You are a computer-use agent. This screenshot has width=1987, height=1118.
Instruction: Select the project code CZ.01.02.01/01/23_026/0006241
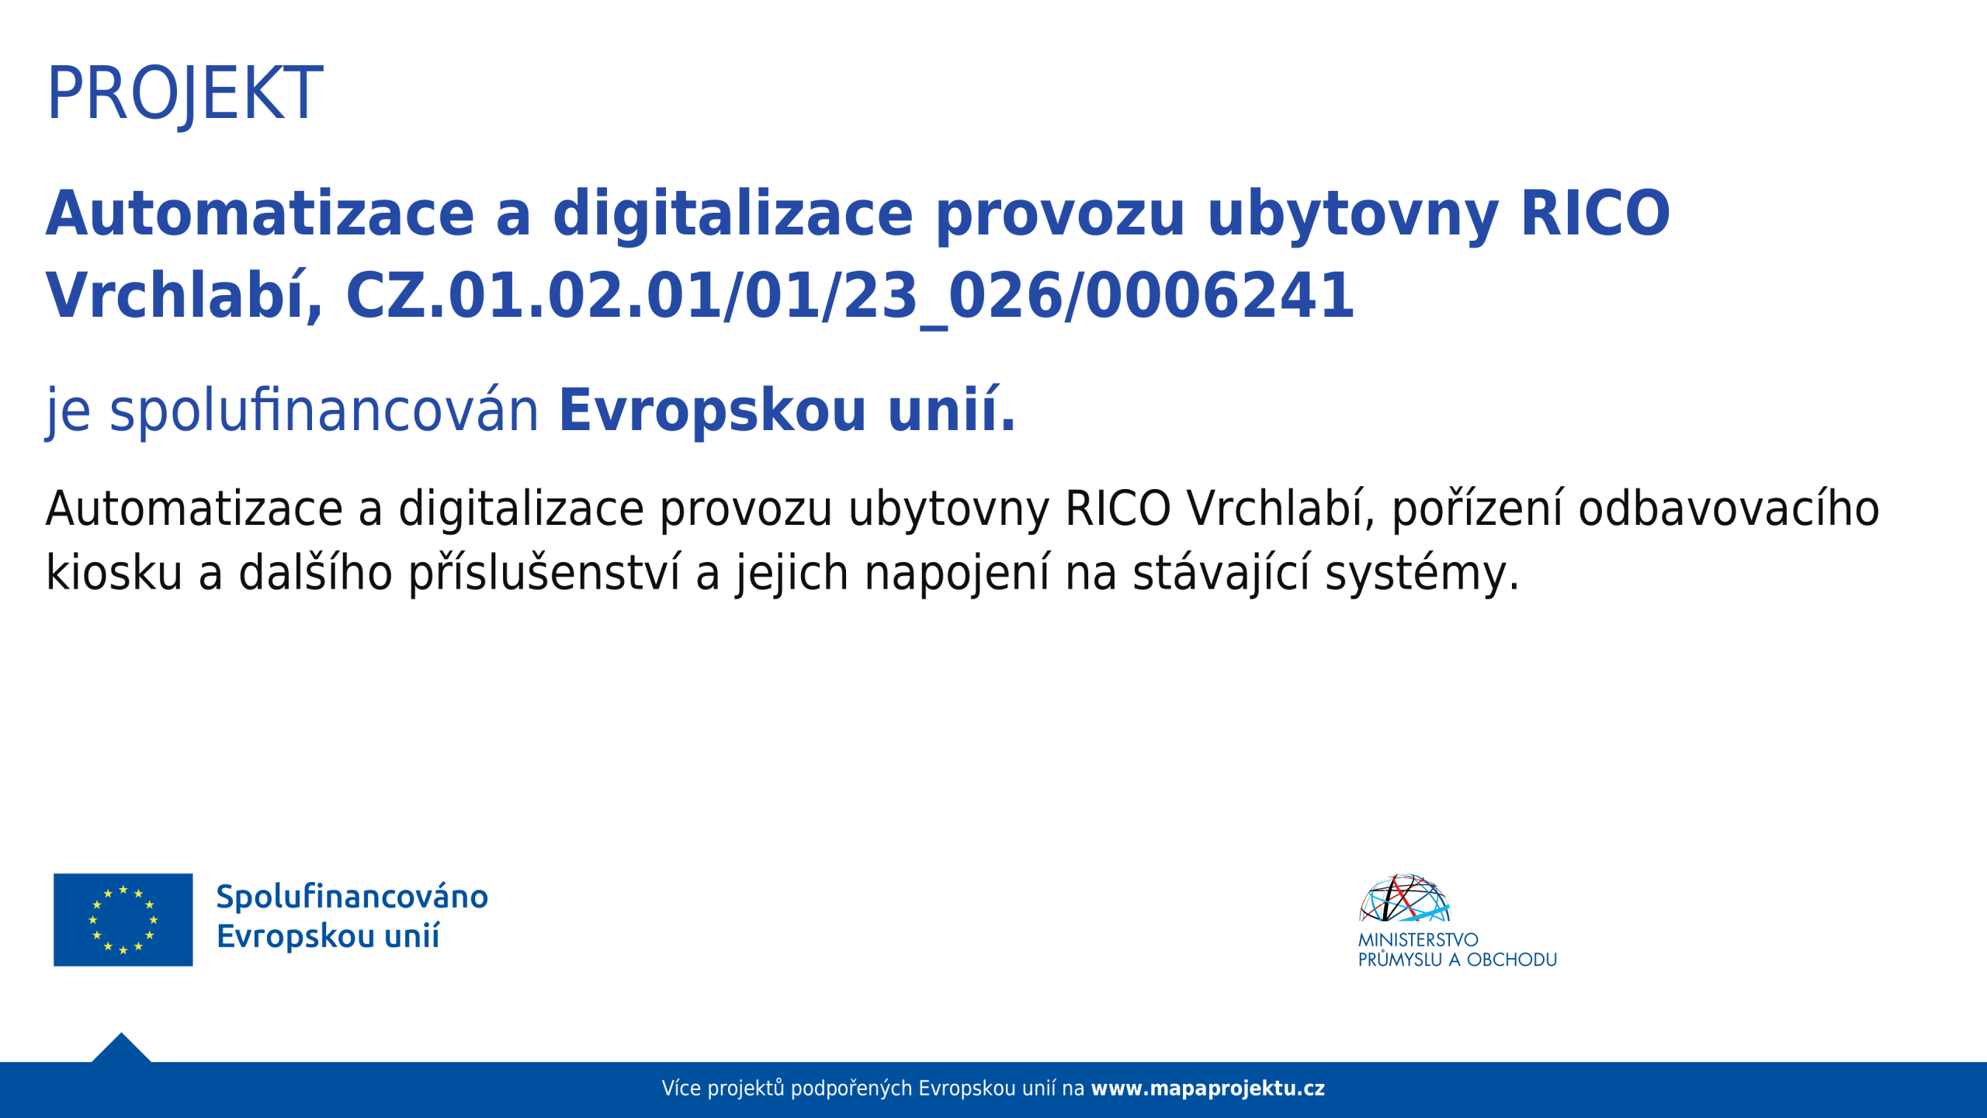[850, 297]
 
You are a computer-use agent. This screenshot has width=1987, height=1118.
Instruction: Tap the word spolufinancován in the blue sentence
[324, 411]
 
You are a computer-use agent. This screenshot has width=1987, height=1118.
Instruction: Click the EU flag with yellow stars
[123, 920]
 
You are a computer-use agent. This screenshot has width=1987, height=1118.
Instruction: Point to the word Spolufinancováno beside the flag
[352, 897]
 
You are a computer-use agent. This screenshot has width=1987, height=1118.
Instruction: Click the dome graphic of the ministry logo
[1404, 898]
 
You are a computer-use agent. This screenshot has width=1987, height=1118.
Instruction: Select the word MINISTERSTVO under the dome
[1418, 939]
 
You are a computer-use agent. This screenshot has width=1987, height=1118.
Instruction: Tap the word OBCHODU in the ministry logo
[1512, 960]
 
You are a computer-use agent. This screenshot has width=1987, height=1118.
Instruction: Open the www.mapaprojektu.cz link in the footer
[1208, 1088]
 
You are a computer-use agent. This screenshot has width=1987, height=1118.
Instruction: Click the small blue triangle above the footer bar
[121, 1049]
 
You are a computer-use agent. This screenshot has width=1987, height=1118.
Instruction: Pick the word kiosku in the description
[114, 573]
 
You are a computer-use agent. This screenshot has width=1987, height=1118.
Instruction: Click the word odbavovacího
[1729, 509]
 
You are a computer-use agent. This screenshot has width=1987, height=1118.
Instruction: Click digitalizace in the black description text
[521, 509]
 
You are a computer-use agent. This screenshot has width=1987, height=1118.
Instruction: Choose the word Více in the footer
[681, 1088]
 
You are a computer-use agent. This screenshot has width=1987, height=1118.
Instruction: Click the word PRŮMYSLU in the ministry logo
[1399, 960]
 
